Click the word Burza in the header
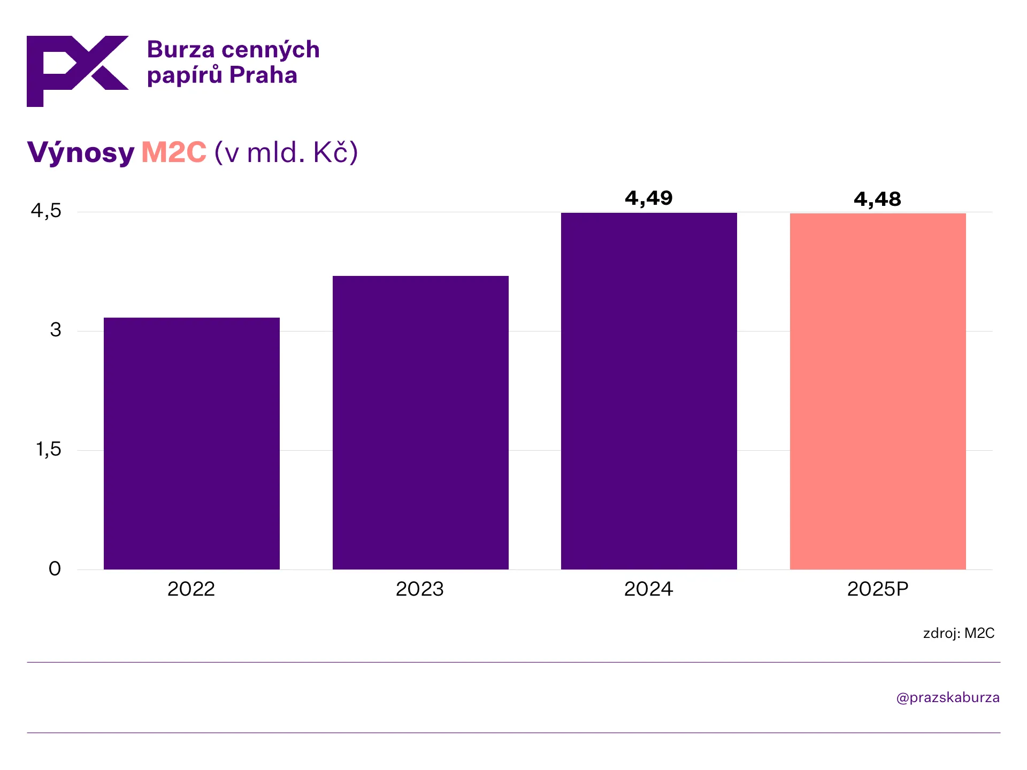coord(181,50)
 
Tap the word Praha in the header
coord(263,75)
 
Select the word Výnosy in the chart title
coord(81,153)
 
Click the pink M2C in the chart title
coord(174,152)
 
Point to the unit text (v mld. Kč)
coord(286,152)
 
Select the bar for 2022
coord(191,443)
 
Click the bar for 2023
coord(420,422)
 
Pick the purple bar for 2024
coord(649,391)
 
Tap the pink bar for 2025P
coord(878,391)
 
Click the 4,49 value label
coord(649,198)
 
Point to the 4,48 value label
coord(877,199)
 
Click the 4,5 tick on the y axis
coord(46,211)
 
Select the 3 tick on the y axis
coord(56,330)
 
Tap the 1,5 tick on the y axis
coord(48,450)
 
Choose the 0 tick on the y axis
coord(55,568)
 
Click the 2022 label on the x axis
coord(191,589)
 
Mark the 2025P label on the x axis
coord(878,589)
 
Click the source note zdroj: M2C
coord(959,633)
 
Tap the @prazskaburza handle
coord(948,697)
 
